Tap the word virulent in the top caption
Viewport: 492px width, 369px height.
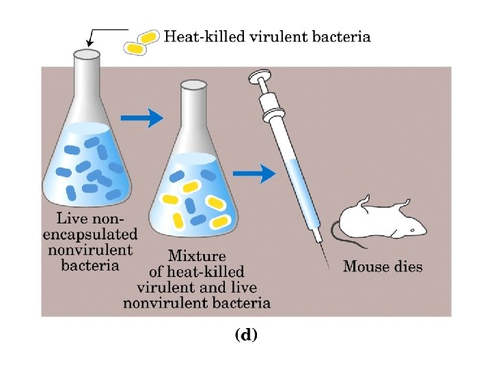pyautogui.click(x=270, y=37)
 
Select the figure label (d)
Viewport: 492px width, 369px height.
pyautogui.click(x=246, y=335)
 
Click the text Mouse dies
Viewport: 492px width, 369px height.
pyautogui.click(x=382, y=266)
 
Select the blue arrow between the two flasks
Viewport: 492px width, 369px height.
pyautogui.click(x=144, y=118)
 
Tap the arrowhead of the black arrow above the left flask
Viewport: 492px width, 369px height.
pyautogui.click(x=90, y=44)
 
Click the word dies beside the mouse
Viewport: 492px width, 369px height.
pyautogui.click(x=408, y=266)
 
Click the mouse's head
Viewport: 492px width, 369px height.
pyautogui.click(x=413, y=225)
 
